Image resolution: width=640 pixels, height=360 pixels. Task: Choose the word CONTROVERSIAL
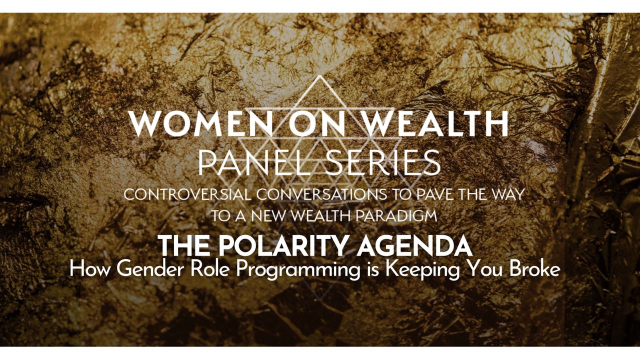[x=187, y=195]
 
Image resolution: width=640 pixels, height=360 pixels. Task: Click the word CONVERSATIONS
[x=321, y=195]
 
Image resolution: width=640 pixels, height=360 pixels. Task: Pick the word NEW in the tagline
[x=269, y=216]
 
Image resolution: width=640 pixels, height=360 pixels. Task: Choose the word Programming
[x=298, y=270]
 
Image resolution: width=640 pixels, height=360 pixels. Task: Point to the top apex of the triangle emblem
[x=320, y=75]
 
